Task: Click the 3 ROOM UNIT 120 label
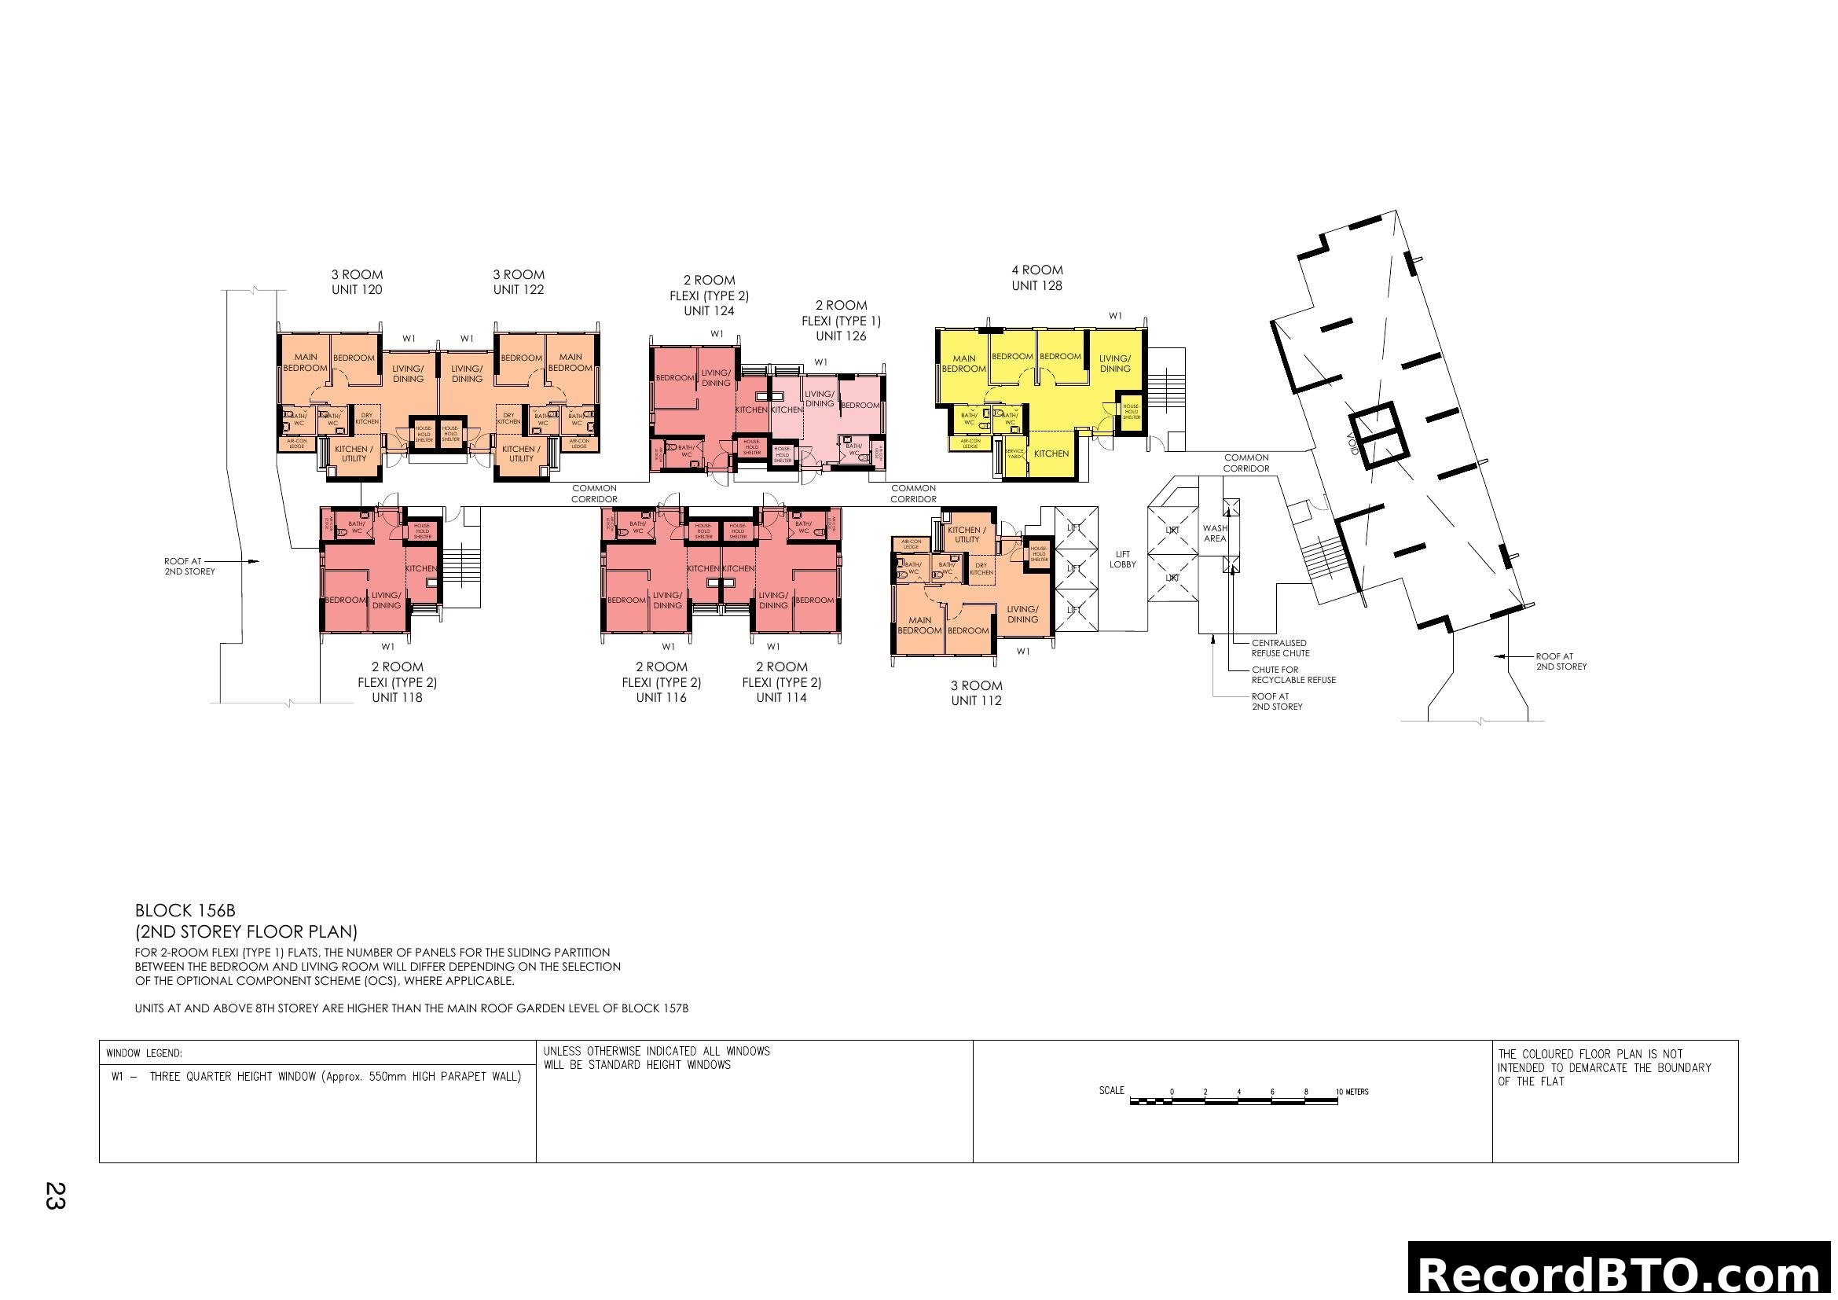(356, 283)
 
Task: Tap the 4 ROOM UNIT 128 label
(1036, 277)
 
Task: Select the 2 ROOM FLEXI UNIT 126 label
(841, 320)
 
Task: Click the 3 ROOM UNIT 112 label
(976, 693)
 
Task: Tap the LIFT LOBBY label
(1122, 560)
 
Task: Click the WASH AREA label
(1214, 533)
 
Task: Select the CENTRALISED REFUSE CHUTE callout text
(1280, 648)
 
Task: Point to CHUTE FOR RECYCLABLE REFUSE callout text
(1293, 675)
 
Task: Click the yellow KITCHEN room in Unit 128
(1051, 454)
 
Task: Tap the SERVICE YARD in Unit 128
(1014, 453)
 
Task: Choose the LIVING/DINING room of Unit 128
(1114, 364)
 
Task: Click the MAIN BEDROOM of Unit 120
(305, 362)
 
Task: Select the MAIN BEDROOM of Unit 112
(919, 625)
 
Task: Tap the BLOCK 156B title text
(185, 911)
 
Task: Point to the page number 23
(54, 1195)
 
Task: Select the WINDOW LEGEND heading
(144, 1054)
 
